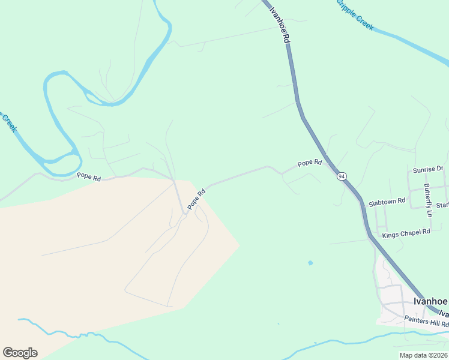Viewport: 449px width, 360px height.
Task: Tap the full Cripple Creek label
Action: coord(354,14)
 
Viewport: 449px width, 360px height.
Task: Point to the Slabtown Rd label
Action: coord(387,202)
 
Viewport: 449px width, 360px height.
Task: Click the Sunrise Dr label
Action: coord(427,170)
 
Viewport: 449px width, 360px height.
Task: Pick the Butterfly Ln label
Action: coord(428,200)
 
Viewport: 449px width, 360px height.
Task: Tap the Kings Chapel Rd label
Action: coord(406,232)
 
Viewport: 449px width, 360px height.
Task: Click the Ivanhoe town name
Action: coord(430,301)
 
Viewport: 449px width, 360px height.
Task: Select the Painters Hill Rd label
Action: coord(426,321)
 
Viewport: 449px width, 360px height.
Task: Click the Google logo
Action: coord(20,352)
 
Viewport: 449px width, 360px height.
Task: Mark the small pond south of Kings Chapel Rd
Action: coord(310,263)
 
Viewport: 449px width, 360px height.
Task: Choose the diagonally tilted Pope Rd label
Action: coord(196,199)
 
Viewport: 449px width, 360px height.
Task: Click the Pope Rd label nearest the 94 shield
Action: coord(310,163)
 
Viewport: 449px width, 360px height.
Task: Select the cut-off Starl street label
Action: coord(442,205)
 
